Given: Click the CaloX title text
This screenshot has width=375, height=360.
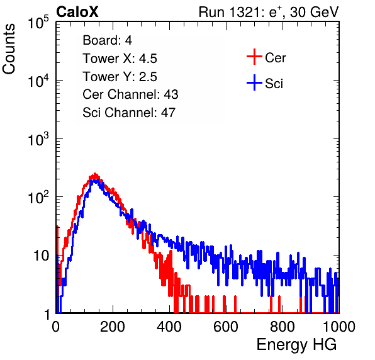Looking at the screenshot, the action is coord(77,11).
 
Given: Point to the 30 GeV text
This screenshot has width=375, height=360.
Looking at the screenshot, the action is coord(314,12).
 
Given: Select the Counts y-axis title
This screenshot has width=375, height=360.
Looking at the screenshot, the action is coord(9,49).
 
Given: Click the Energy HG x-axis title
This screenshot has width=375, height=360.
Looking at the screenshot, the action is coord(296,345).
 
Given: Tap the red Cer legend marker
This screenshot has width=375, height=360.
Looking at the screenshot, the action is coord(254,57).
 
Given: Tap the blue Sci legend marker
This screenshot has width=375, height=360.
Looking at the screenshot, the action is coord(254,82).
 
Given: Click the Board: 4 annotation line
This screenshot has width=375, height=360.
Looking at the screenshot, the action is coord(107,40).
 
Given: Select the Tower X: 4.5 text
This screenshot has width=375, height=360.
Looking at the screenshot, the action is coord(120,58).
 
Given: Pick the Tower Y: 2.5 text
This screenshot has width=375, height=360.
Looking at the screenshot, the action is coord(120,76).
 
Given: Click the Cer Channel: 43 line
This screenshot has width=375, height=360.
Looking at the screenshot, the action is coord(130,94).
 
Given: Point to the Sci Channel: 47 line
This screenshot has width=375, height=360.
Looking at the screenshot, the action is coord(129,113).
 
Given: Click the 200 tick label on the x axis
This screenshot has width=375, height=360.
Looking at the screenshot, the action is coord(113,327).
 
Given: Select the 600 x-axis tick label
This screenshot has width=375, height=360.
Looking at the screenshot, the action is coord(226,327).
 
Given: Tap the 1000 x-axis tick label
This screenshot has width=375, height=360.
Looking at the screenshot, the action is coord(339,327).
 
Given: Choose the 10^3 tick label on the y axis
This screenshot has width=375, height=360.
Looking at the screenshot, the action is coord(38,139).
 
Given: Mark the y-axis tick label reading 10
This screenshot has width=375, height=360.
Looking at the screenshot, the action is coord(41,256).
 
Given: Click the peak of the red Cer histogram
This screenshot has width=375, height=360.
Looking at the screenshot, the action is coord(95,174).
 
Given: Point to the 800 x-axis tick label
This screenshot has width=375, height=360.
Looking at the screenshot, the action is coord(283,327).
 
